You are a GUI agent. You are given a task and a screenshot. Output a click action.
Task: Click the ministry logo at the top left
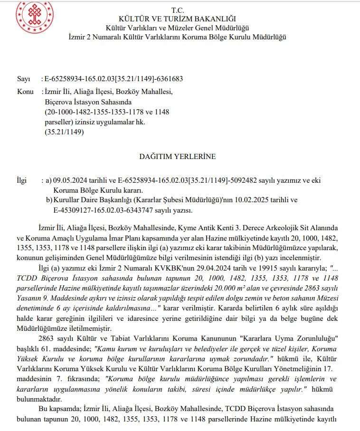tap(34, 18)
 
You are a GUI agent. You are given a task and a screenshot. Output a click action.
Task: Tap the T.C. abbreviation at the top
tap(177, 10)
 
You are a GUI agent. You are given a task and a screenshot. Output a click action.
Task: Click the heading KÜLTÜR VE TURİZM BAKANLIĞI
tap(177, 19)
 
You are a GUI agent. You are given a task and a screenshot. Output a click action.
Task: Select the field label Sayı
tap(23, 79)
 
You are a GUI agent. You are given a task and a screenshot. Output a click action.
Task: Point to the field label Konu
tap(25, 92)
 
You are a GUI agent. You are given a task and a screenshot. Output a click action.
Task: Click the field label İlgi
tap(22, 181)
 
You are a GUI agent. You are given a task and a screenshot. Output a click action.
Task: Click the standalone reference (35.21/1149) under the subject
tap(64, 132)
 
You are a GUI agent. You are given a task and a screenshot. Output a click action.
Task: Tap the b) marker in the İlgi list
tap(49, 200)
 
